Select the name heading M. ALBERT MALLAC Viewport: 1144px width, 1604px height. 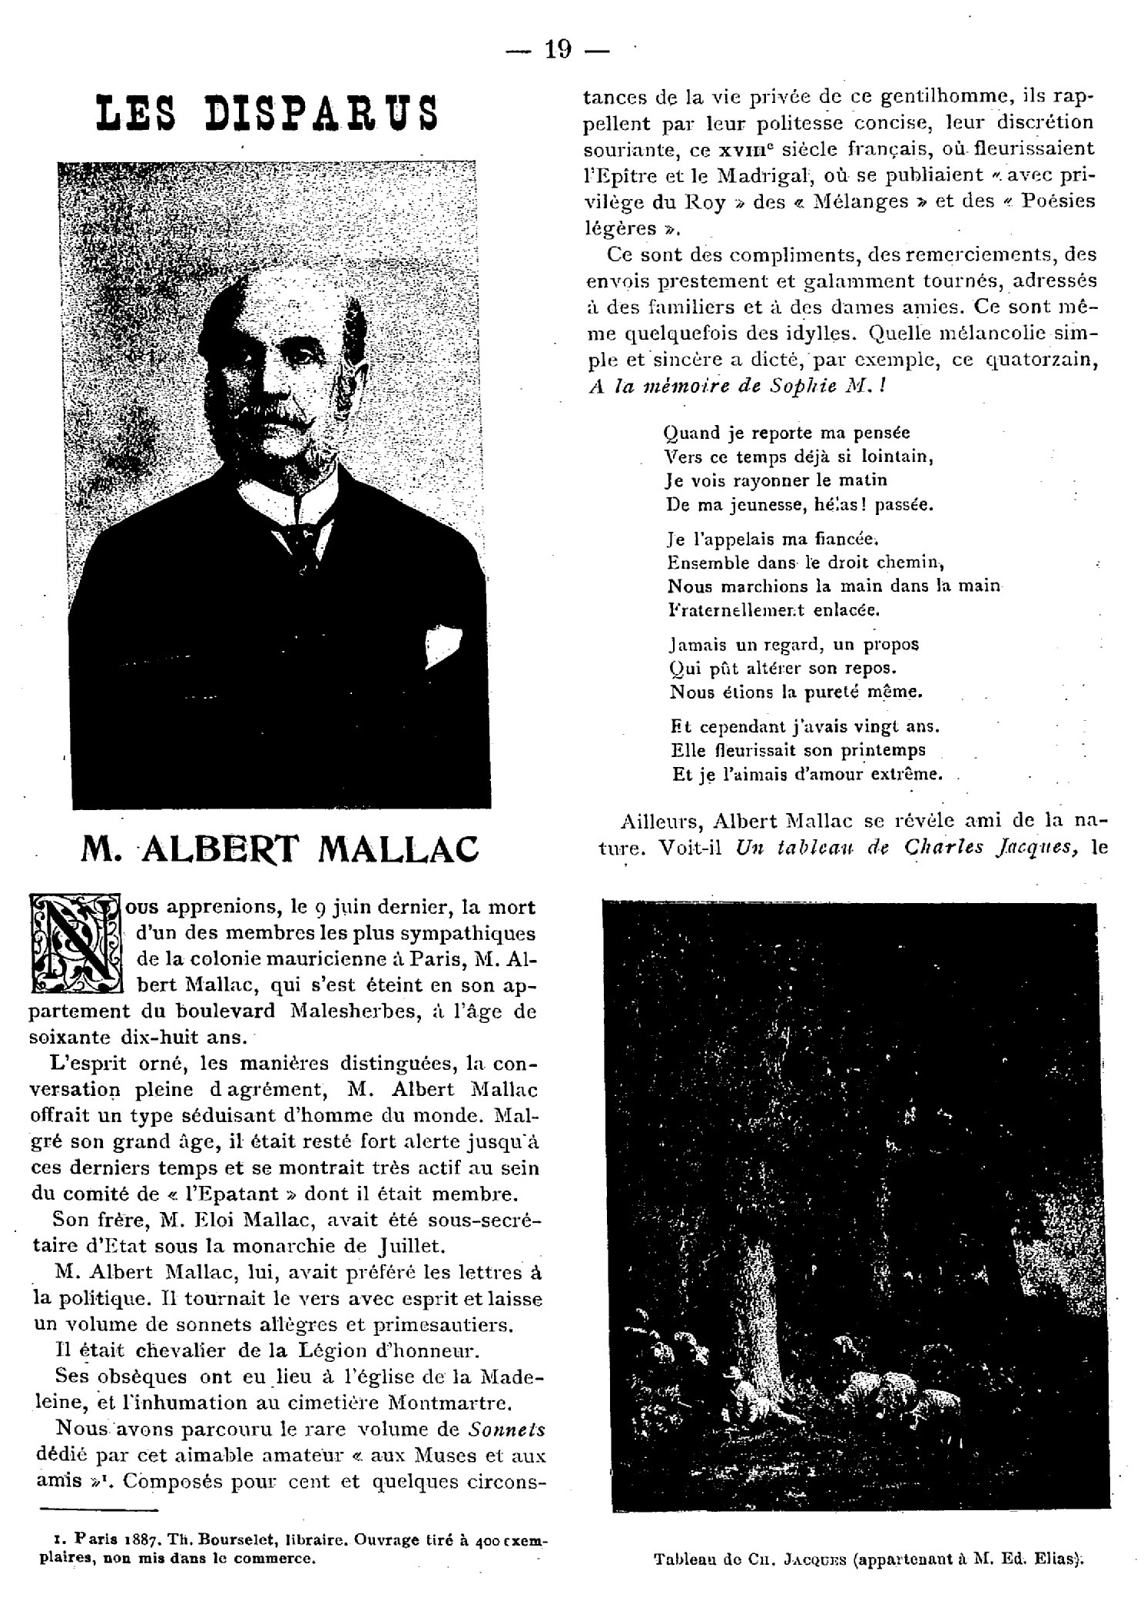(280, 848)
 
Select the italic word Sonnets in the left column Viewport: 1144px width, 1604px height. (506, 1430)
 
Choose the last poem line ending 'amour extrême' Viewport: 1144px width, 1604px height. (807, 774)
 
